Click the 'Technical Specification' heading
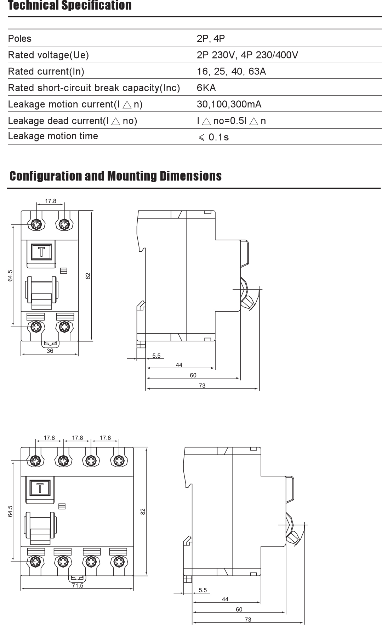point(70,5)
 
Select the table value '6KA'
point(206,88)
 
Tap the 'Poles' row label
point(20,39)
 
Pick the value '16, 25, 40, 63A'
point(231,72)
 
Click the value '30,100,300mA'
point(229,104)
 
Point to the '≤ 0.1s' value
point(213,137)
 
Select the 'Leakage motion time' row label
point(53,136)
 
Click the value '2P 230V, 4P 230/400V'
point(247,55)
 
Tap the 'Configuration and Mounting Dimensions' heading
point(115,176)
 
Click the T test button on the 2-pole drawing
point(41,252)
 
